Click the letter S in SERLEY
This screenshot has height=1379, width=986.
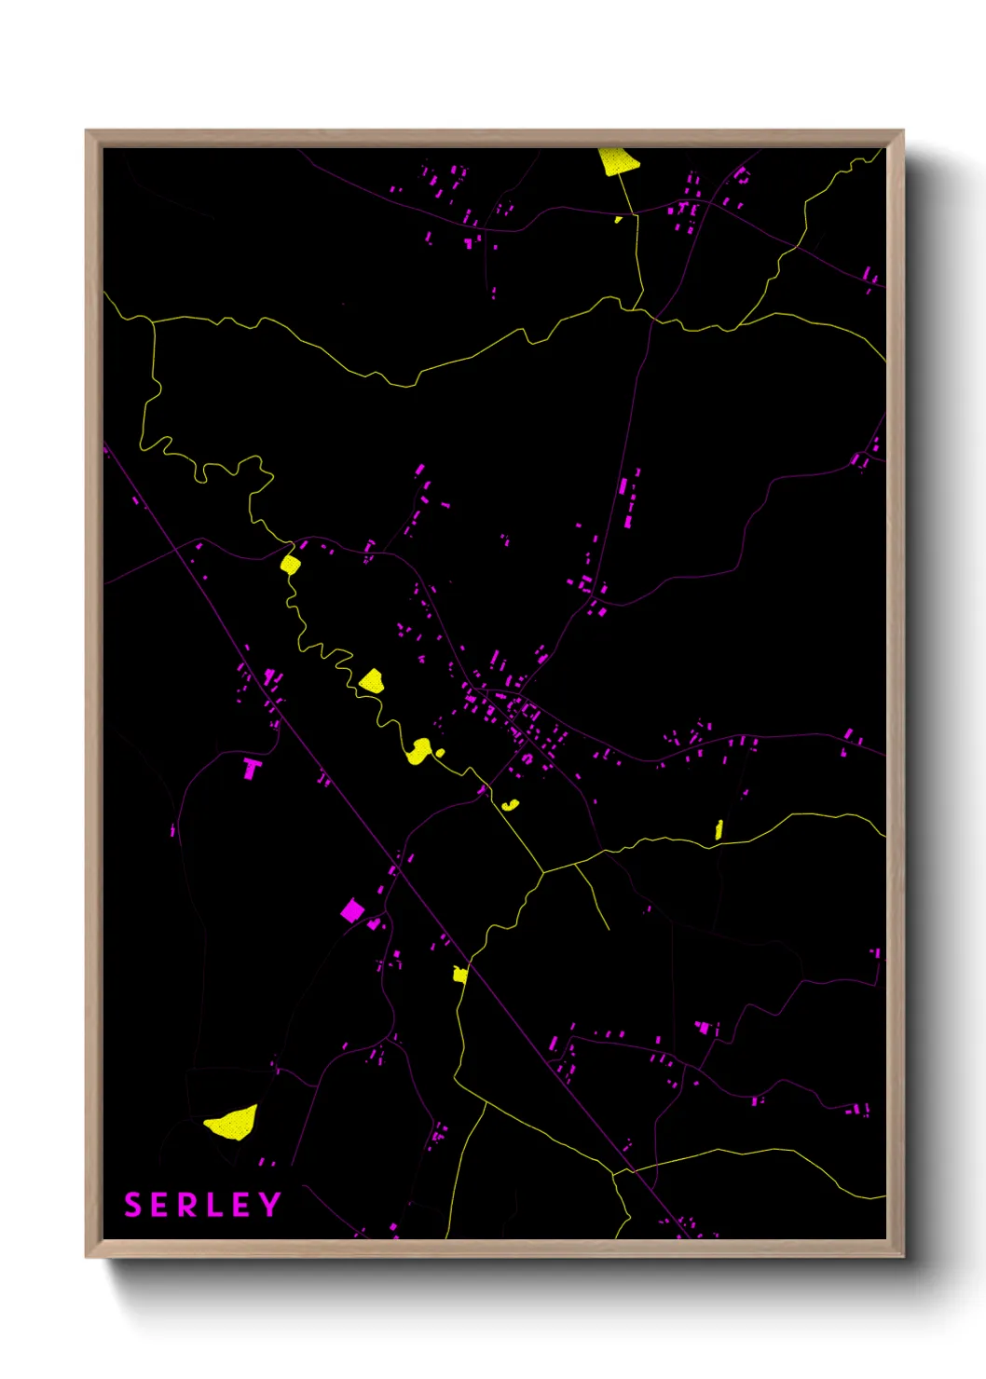(x=132, y=1205)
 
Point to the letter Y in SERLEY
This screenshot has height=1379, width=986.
(x=269, y=1205)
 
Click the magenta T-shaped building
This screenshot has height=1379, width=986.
(x=252, y=769)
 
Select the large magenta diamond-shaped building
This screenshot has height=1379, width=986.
(x=351, y=909)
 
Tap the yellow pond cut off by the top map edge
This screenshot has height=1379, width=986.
(x=617, y=161)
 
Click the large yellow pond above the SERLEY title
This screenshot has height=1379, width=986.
(x=233, y=1122)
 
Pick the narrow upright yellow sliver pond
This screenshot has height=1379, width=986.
(x=719, y=829)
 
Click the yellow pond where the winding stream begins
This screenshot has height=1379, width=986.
(x=290, y=564)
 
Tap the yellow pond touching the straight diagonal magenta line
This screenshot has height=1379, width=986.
(x=459, y=975)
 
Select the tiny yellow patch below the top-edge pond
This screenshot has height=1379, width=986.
(x=618, y=220)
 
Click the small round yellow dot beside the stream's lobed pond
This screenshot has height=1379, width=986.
(x=440, y=752)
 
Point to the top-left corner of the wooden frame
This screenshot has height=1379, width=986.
(x=87, y=131)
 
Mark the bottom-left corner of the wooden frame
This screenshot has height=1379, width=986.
(x=87, y=1257)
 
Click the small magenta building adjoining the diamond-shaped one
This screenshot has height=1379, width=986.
(x=374, y=924)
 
